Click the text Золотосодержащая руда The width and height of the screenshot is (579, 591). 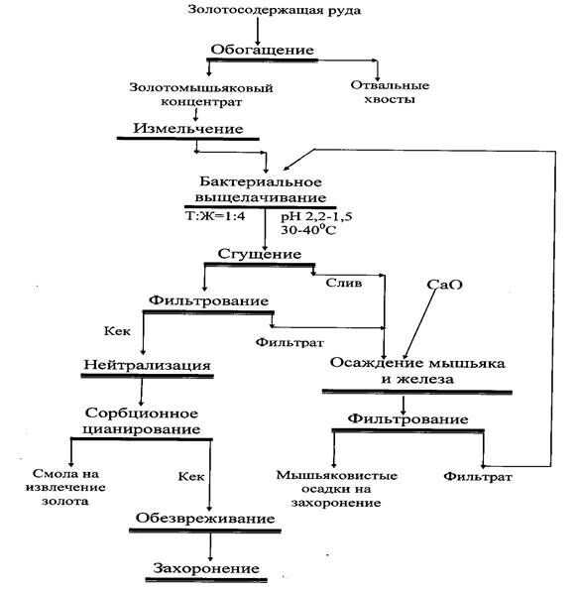click(274, 10)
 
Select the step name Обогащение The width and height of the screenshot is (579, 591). click(263, 51)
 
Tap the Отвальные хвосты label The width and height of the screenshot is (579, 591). click(390, 92)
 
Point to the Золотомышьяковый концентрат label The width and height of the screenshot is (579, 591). click(201, 94)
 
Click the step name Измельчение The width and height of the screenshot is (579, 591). click(188, 129)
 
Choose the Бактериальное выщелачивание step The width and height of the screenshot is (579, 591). click(261, 189)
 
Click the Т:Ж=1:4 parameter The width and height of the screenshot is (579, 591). click(215, 216)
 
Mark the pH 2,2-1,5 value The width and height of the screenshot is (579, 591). click(316, 217)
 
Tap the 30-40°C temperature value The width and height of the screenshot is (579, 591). click(308, 229)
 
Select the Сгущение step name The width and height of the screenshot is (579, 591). click(260, 254)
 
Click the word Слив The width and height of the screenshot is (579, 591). click(344, 283)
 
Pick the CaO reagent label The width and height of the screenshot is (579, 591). click(444, 285)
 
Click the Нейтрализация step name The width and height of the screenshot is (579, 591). click(147, 365)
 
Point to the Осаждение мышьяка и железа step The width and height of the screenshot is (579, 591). click(417, 371)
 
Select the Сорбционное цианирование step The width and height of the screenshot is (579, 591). click(142, 421)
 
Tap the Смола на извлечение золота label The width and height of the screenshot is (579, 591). click(65, 487)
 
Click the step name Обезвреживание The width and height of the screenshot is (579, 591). click(205, 519)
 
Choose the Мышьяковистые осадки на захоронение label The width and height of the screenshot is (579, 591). click(337, 489)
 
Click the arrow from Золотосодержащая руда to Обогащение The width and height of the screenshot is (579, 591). click(258, 31)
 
